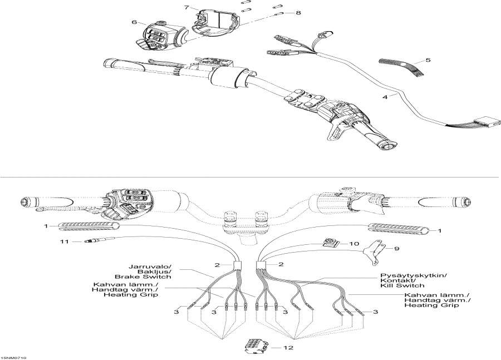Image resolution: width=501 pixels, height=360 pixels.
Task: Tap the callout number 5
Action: coord(428,60)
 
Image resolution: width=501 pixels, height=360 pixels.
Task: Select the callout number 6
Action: coord(134,22)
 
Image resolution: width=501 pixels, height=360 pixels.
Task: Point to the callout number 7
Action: coord(187,8)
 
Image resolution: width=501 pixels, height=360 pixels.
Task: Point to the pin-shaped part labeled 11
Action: coord(92,241)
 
